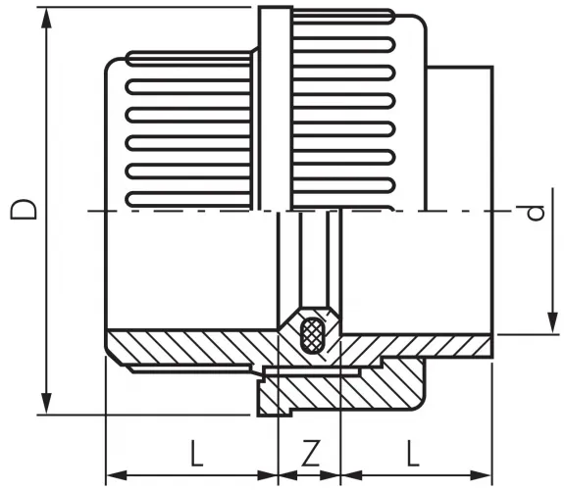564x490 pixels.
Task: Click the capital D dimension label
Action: point(26,210)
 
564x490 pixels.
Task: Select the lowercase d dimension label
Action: point(535,213)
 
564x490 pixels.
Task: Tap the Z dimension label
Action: point(310,452)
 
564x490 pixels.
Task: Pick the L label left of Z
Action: point(195,452)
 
